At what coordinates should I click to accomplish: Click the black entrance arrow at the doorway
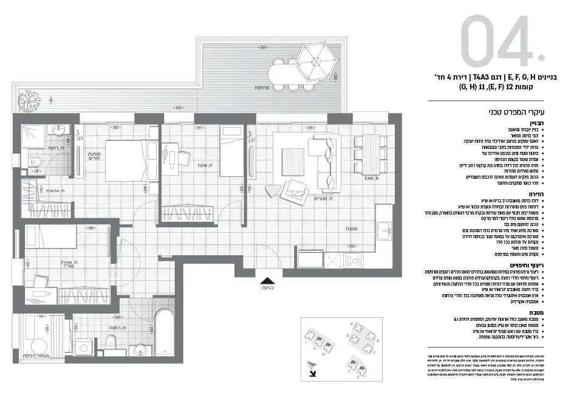coord(267,281)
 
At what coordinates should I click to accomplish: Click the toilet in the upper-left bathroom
coord(36,162)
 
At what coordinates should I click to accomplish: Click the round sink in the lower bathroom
coord(140,349)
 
